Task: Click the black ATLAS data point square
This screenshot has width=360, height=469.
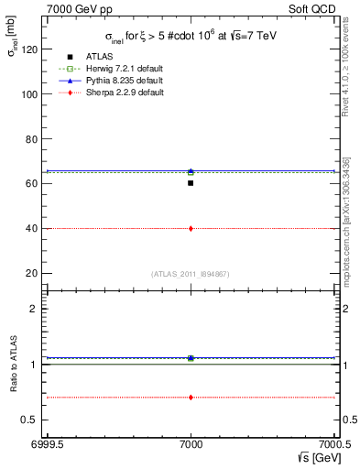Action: pyautogui.click(x=191, y=183)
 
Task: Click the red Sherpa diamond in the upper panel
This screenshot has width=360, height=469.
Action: pyautogui.click(x=191, y=228)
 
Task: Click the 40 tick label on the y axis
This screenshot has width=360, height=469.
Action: pyautogui.click(x=34, y=228)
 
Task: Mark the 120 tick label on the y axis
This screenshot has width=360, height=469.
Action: pyautogui.click(x=31, y=49)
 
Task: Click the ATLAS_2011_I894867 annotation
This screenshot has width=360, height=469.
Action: pyautogui.click(x=191, y=274)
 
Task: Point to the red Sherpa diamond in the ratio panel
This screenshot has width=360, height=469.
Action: pyautogui.click(x=191, y=398)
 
